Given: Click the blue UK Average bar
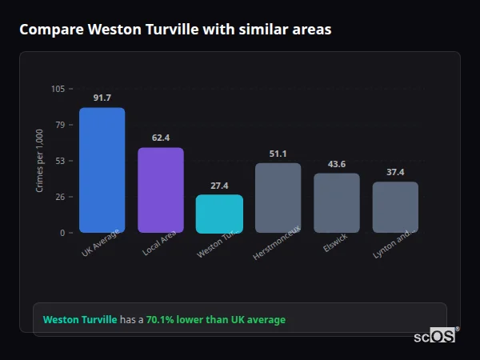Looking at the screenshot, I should coord(102,170).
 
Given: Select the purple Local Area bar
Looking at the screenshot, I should coord(160,190).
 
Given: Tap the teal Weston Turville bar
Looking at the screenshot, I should coord(219,214).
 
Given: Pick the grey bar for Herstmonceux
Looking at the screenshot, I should coord(278,198).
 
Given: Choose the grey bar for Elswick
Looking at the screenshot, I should coord(337,202).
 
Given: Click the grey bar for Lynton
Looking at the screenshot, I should coord(395,207).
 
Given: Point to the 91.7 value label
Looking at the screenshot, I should coord(102,98).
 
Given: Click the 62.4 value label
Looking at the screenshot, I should coord(160,138).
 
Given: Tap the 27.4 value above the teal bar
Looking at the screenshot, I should coord(219,186).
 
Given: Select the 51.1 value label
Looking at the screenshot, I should coord(278,154).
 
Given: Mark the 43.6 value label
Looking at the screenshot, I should coord(337,164).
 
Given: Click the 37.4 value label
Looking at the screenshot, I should coord(395,172).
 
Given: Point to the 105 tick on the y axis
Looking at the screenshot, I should coord(58,89).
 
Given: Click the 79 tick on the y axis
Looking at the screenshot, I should coord(60,125).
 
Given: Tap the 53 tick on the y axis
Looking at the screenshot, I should coord(60,161).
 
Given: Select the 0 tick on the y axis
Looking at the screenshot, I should coord(62,233).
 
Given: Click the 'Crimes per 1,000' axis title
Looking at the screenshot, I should coord(39,161).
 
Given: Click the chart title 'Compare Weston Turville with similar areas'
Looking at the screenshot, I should coord(175,30).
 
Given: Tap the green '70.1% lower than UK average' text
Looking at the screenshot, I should coord(215,320).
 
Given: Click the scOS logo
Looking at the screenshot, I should coord(435,337).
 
